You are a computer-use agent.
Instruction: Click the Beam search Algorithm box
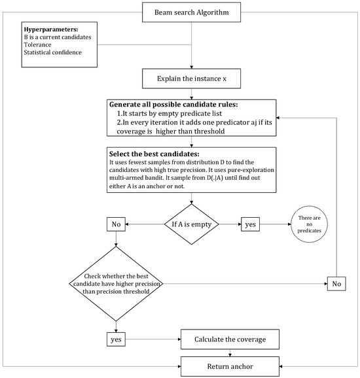[x=191, y=12]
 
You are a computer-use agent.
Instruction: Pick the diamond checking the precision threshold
[x=116, y=283]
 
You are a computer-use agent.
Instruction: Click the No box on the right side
[x=336, y=283]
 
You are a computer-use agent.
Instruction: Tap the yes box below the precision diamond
[x=116, y=339]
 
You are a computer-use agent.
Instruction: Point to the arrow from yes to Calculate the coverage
[x=154, y=339]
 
